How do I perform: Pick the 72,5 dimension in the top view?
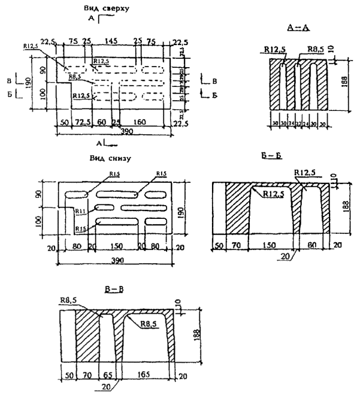pos(82,122)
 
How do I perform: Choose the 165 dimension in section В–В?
pos(147,375)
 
